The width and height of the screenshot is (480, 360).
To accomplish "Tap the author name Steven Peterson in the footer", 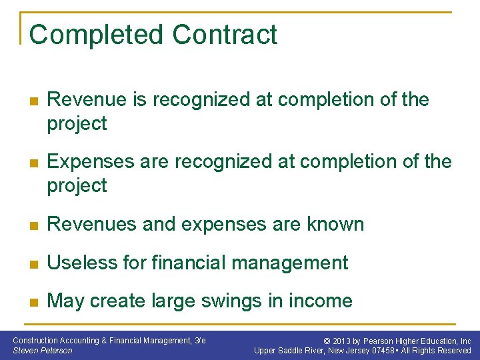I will pos(43,351).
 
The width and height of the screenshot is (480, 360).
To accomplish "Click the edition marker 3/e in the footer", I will pos(199,341).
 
